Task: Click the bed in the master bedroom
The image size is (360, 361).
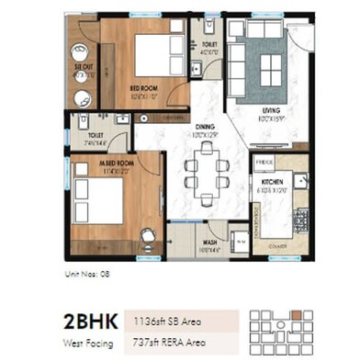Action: point(98,200)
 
